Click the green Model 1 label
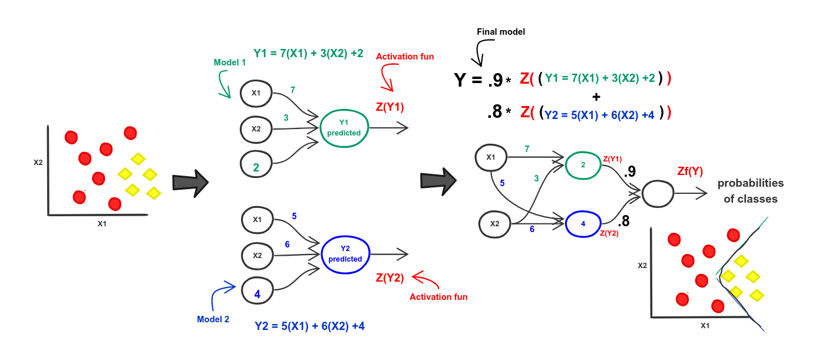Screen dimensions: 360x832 tap(229, 62)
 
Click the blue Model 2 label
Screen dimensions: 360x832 tap(213, 319)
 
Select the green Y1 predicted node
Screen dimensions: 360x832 tap(345, 127)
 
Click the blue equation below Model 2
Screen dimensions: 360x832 tap(309, 325)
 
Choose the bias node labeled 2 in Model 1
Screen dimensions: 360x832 tap(256, 167)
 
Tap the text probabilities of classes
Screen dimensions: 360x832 tap(750, 191)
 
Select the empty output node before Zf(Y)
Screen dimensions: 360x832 tap(657, 193)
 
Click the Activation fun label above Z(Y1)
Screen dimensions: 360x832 tap(405, 57)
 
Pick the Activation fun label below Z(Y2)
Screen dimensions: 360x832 tap(438, 297)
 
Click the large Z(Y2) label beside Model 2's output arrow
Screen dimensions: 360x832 tap(390, 278)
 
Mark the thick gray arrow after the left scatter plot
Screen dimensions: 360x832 tap(190, 183)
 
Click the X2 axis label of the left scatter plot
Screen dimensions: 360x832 tap(38, 162)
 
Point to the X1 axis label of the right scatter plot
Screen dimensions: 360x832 tap(705, 325)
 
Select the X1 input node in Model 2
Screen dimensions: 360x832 tap(257, 219)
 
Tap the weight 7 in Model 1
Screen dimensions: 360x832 tap(293, 90)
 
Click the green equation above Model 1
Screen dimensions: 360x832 tap(308, 53)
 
